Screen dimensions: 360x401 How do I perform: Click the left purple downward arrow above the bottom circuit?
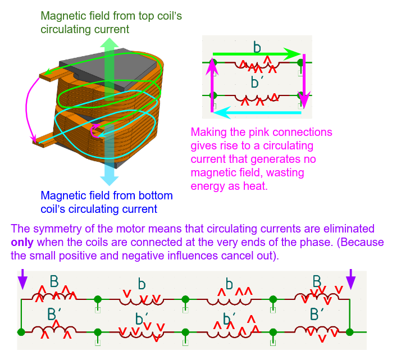click(x=22, y=278)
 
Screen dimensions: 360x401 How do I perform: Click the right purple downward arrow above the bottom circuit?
click(x=350, y=278)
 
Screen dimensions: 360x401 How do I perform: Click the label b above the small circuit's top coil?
click(x=257, y=47)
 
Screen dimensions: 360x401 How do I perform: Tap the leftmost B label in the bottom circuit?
click(x=54, y=281)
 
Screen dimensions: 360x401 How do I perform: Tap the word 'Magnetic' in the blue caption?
click(x=61, y=197)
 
